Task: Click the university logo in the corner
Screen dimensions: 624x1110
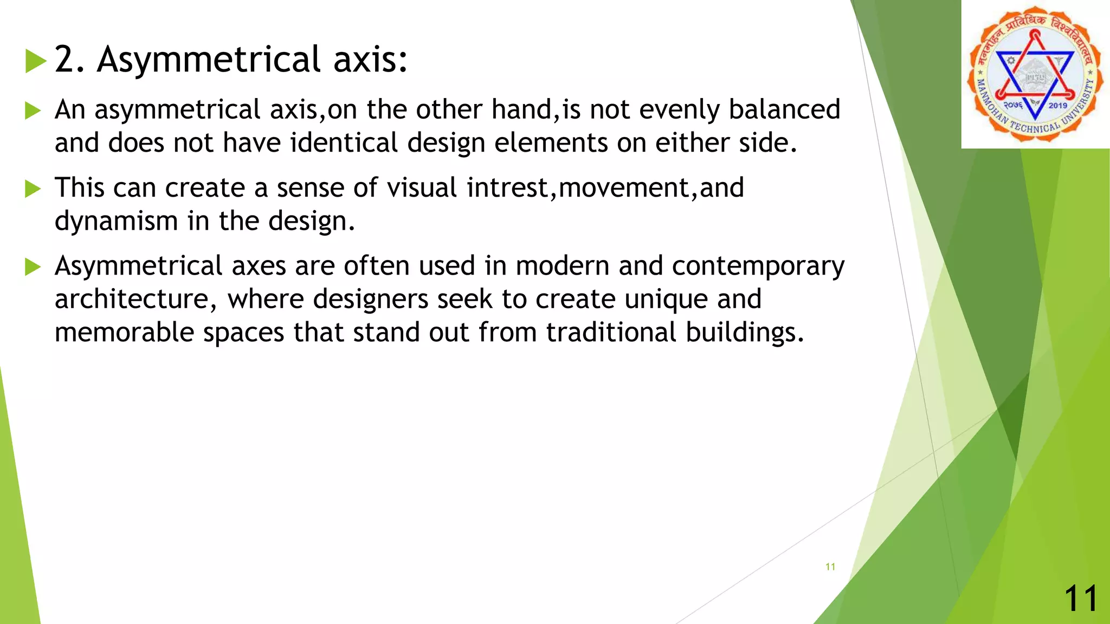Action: coord(1035,74)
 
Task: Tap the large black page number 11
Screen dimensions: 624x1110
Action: coord(1081,599)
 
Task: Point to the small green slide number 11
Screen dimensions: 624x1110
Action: coord(830,567)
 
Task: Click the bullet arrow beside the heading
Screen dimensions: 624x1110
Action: coord(35,61)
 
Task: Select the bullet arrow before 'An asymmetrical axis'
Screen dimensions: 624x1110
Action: coord(33,111)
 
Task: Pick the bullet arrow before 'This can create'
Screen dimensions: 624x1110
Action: coord(33,189)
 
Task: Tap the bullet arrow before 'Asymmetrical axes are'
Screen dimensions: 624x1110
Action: coord(33,267)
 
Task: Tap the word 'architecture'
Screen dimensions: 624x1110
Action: coord(132,300)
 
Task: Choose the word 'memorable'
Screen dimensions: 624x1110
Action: coord(124,333)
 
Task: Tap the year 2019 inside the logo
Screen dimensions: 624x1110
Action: coord(1057,106)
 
